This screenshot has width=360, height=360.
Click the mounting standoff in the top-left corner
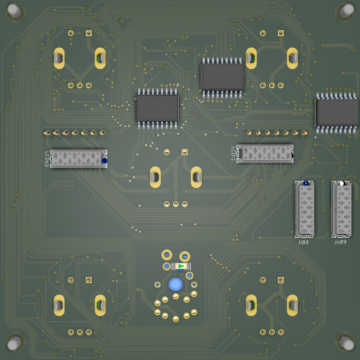[x=14, y=10]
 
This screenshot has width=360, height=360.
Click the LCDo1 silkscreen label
[x=47, y=159]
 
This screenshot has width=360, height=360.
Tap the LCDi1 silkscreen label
[x=233, y=154]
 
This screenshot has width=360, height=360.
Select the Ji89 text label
[x=303, y=242]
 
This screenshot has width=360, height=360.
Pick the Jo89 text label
[x=340, y=242]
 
